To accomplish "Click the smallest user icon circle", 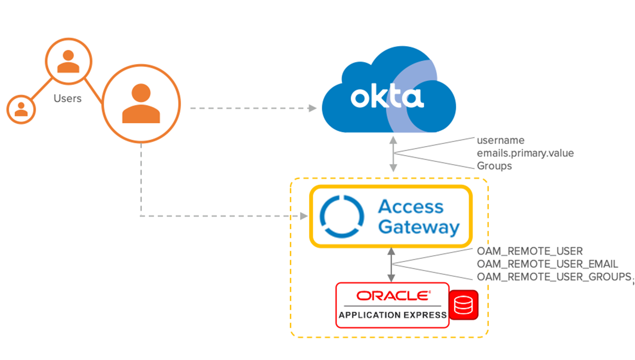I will click(x=21, y=109).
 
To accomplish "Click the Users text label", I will click(x=68, y=98).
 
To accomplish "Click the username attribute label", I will click(x=500, y=140).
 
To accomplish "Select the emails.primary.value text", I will click(x=525, y=153).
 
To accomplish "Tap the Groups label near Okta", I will click(x=494, y=166).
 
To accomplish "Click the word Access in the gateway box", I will click(x=411, y=207).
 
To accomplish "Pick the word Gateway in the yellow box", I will click(x=419, y=227).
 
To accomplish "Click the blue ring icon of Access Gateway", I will click(x=343, y=217).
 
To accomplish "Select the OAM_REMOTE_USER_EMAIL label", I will click(x=547, y=264).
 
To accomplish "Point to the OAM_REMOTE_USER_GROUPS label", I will click(x=555, y=276).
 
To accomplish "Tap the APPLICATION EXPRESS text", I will click(x=393, y=315).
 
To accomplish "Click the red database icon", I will click(x=464, y=305).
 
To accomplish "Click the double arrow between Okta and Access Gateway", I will click(x=393, y=154).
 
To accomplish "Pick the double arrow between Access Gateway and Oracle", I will click(x=391, y=264).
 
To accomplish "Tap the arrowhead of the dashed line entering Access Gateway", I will click(x=304, y=216).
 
